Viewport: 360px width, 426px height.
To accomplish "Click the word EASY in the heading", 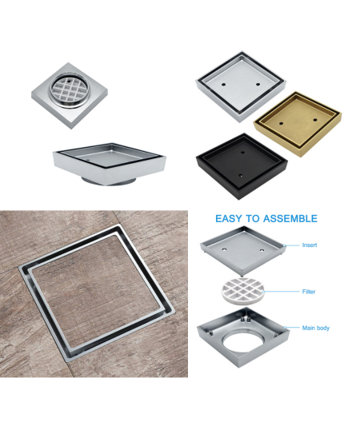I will click(x=230, y=218).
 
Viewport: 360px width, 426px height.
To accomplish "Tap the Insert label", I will click(x=310, y=245).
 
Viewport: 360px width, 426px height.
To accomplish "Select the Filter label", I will click(x=309, y=292).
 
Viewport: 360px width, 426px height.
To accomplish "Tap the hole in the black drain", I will click(x=242, y=149).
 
